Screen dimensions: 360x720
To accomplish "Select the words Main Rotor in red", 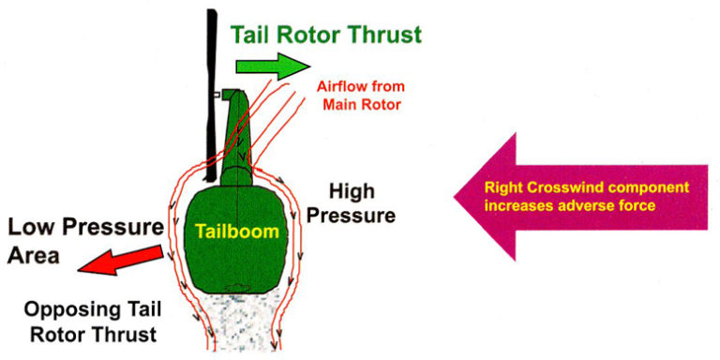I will [x=361, y=104].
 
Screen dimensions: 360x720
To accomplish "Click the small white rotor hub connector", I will [x=217, y=95].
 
